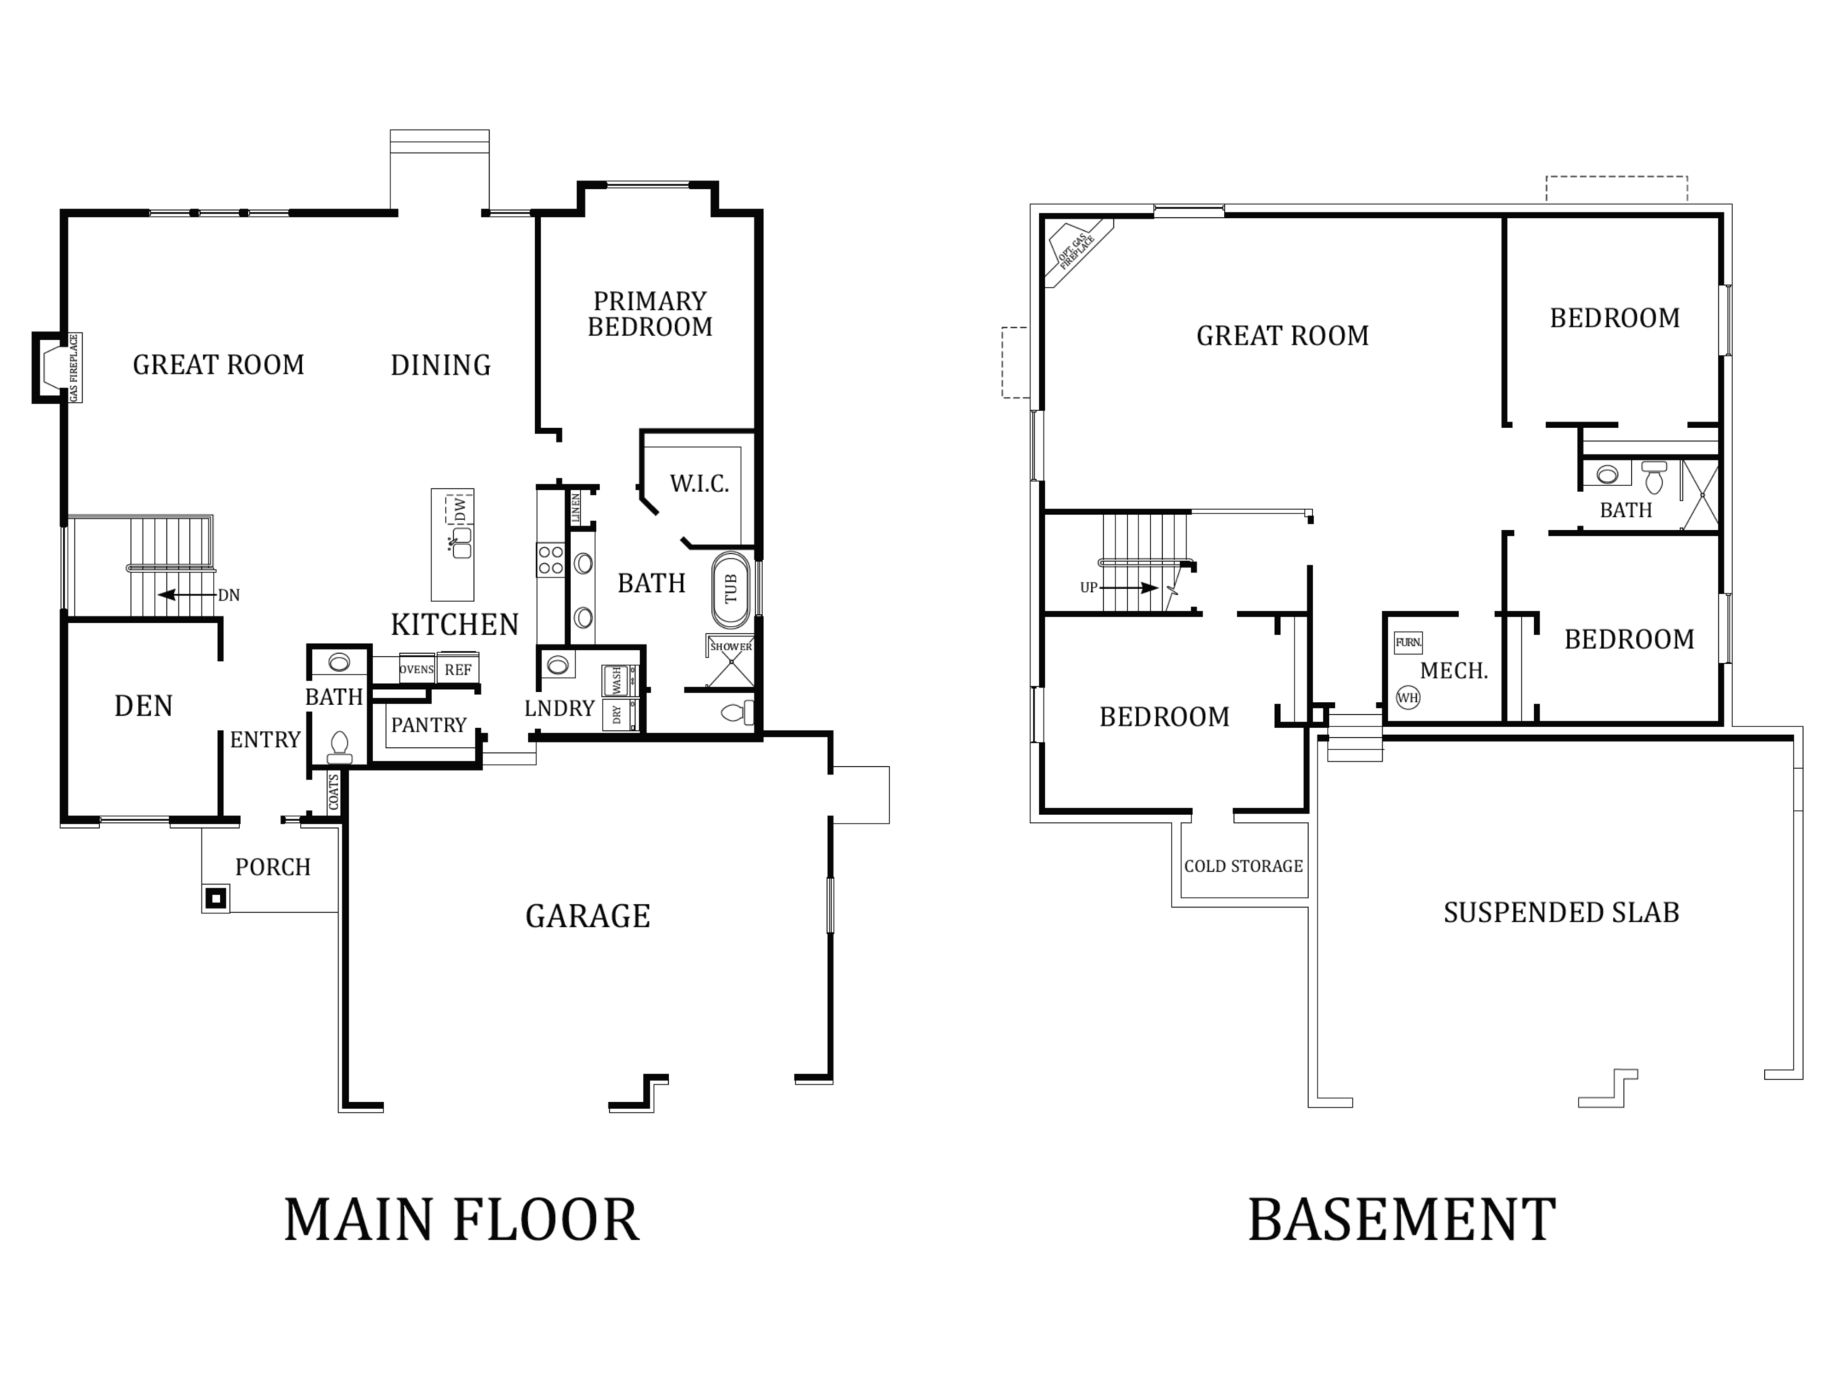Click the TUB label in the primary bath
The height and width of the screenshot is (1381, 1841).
click(x=731, y=589)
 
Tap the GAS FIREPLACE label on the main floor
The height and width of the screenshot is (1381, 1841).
click(x=74, y=368)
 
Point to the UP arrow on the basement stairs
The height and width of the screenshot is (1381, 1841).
click(x=1128, y=588)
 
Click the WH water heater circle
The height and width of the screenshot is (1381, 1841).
click(x=1407, y=698)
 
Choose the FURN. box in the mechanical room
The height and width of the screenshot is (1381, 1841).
click(x=1408, y=642)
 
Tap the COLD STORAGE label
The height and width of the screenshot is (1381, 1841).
click(x=1243, y=867)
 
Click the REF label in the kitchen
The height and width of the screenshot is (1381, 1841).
click(x=458, y=669)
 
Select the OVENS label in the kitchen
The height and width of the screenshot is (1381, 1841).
click(x=416, y=669)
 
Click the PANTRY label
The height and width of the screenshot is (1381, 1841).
click(x=429, y=725)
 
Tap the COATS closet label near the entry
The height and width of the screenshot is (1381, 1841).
click(x=334, y=792)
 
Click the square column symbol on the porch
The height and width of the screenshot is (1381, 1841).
click(x=216, y=898)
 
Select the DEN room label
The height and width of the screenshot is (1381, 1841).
click(x=143, y=706)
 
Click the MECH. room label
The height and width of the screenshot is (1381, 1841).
click(x=1454, y=671)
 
